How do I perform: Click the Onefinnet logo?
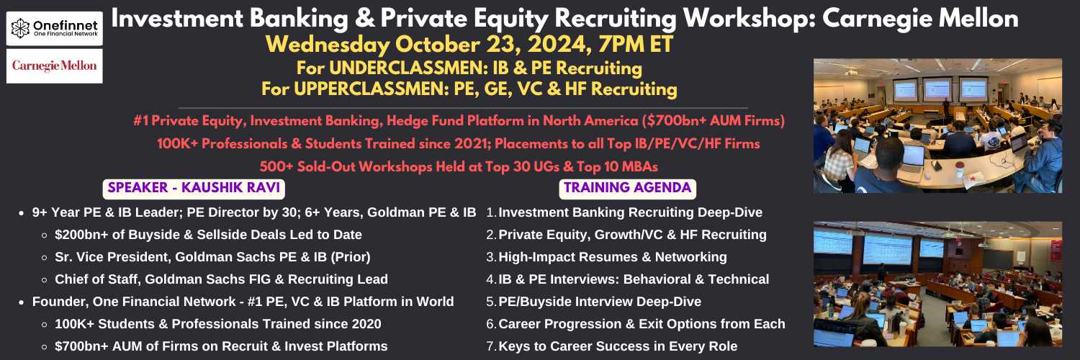[55, 28]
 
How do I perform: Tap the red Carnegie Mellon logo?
[55, 66]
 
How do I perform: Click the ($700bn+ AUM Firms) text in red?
[713, 120]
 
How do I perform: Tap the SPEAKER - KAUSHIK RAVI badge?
[194, 188]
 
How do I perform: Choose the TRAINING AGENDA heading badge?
[628, 188]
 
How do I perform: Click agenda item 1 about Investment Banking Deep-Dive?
[624, 212]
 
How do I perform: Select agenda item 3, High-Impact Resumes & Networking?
[606, 257]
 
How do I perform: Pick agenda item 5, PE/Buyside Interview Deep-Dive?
[593, 302]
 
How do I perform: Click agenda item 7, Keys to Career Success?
[612, 346]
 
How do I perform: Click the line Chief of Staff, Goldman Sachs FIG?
[221, 279]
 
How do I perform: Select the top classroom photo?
[937, 126]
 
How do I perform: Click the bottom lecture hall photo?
[937, 284]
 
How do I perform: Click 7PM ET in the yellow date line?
[636, 45]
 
